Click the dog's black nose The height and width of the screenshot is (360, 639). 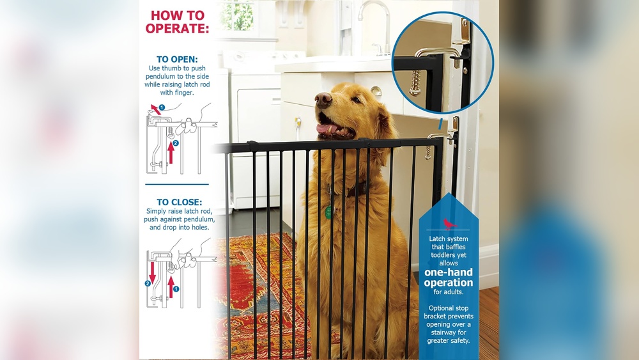coord(324,99)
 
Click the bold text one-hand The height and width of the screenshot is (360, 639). coord(449,272)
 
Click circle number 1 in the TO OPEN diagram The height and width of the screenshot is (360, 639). coord(162,107)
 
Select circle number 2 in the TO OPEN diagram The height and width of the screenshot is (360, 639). coord(176,143)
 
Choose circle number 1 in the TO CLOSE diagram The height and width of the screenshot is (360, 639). coord(176,288)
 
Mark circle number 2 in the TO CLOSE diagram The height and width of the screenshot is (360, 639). coord(148,282)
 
